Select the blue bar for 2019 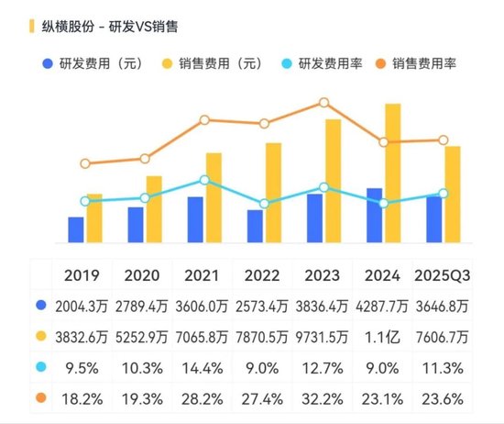pos(76,229)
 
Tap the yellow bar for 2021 pos(213,197)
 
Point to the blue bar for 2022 pos(255,226)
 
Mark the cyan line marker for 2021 pos(204,180)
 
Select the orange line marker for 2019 pos(85,163)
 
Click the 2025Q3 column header pos(443,275)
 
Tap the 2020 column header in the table pos(141,275)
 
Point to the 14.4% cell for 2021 pos(202,368)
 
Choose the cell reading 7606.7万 pos(443,337)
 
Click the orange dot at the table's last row pos(39,398)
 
